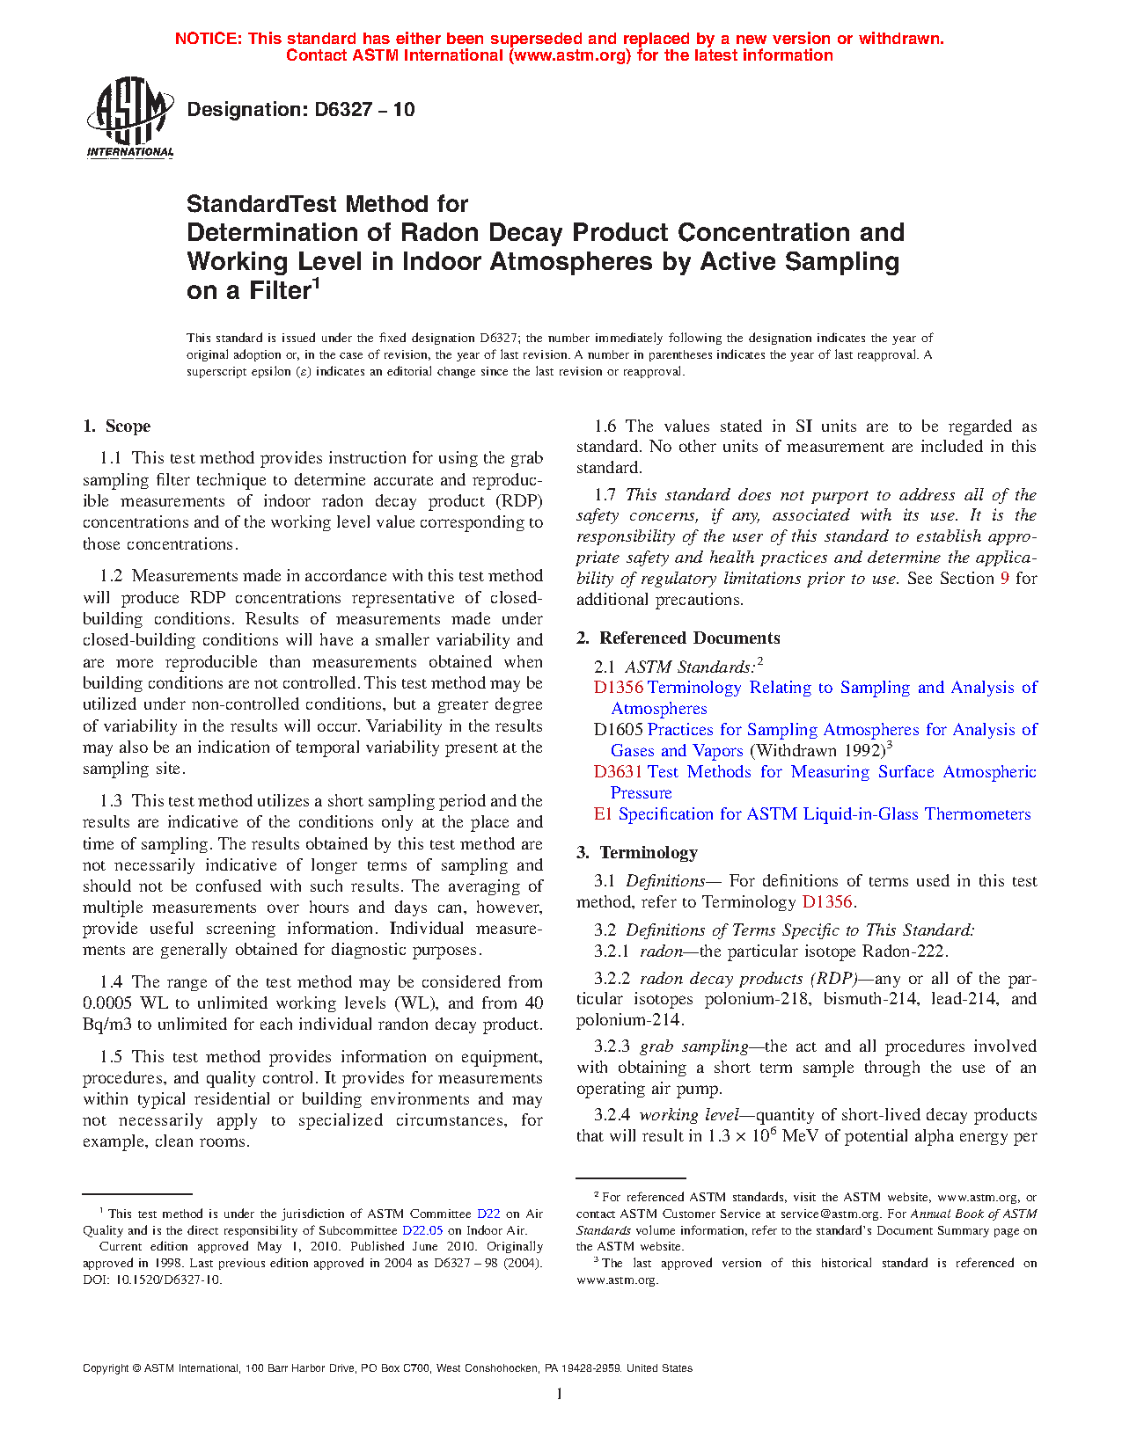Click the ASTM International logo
[x=130, y=117]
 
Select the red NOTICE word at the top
[x=209, y=39]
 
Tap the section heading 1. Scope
[x=116, y=427]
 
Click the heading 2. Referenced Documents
[x=678, y=638]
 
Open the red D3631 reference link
[x=618, y=772]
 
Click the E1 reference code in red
[x=603, y=814]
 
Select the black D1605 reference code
[x=618, y=730]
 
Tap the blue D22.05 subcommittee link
[x=422, y=1230]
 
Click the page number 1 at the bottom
[x=560, y=1393]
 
